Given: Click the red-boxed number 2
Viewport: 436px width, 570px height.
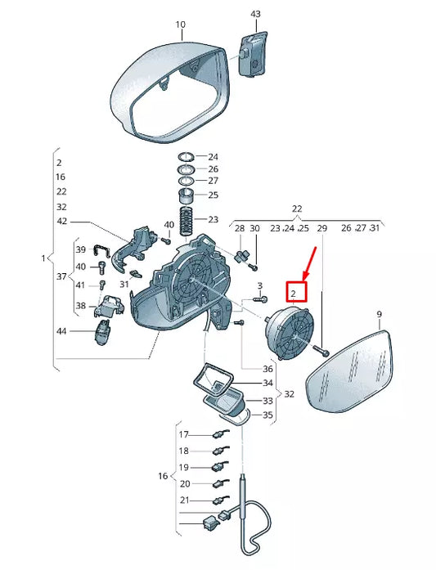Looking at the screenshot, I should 296,292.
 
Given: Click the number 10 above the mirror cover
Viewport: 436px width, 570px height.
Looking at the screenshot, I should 181,25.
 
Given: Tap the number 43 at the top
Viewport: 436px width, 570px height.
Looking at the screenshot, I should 255,14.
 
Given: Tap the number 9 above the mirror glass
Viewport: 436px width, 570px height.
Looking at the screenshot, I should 379,314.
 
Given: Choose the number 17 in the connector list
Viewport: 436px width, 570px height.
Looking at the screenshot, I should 183,434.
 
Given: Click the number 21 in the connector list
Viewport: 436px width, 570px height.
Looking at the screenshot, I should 183,500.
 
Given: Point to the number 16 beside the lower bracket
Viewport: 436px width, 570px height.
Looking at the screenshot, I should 162,475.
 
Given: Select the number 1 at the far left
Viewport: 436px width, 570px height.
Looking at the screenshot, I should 43,258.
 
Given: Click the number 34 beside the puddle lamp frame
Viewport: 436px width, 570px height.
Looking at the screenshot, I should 267,383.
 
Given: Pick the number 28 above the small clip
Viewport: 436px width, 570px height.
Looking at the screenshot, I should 240,228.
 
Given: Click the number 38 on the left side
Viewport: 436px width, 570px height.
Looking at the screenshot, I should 80,305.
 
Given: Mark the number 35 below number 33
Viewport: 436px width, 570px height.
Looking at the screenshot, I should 267,415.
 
